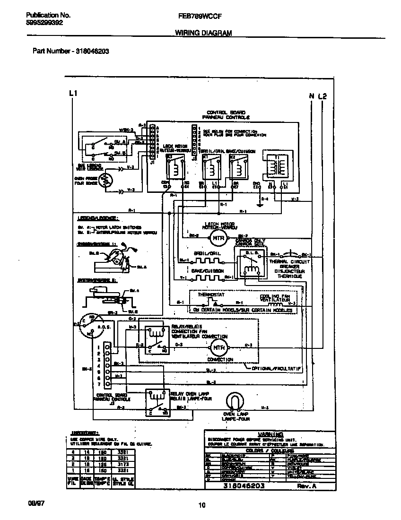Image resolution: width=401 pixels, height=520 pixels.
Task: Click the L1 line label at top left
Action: click(x=72, y=93)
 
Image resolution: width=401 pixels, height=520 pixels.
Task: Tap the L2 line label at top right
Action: click(x=322, y=96)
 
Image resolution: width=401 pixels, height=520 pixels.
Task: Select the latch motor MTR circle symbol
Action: click(x=218, y=238)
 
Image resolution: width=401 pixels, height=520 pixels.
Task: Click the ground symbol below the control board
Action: click(x=259, y=205)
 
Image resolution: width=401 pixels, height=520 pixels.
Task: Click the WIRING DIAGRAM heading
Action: click(x=203, y=33)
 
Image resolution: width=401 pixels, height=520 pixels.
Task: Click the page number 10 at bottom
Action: click(x=202, y=505)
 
